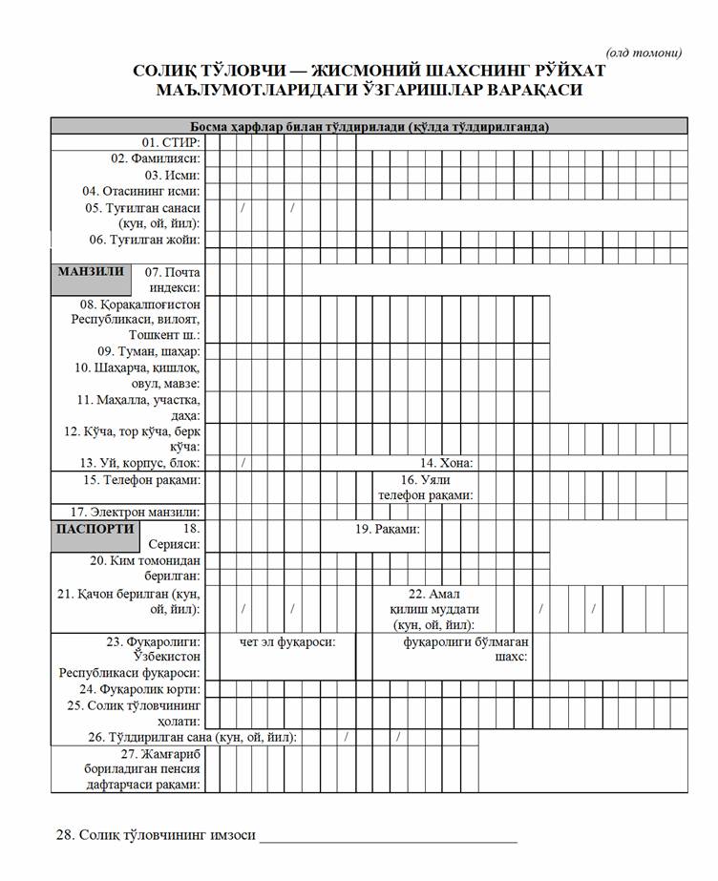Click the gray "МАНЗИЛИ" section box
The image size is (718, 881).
[91, 272]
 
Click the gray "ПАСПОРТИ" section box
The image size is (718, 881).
[95, 529]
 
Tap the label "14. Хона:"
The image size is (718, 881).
[448, 463]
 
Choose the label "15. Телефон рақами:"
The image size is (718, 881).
[142, 479]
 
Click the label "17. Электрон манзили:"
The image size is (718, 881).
[135, 512]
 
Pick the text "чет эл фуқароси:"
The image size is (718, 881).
[287, 641]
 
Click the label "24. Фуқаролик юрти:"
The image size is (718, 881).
[139, 688]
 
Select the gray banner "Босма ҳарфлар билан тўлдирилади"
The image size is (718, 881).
[369, 126]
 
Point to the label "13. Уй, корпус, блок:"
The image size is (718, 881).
[139, 463]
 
